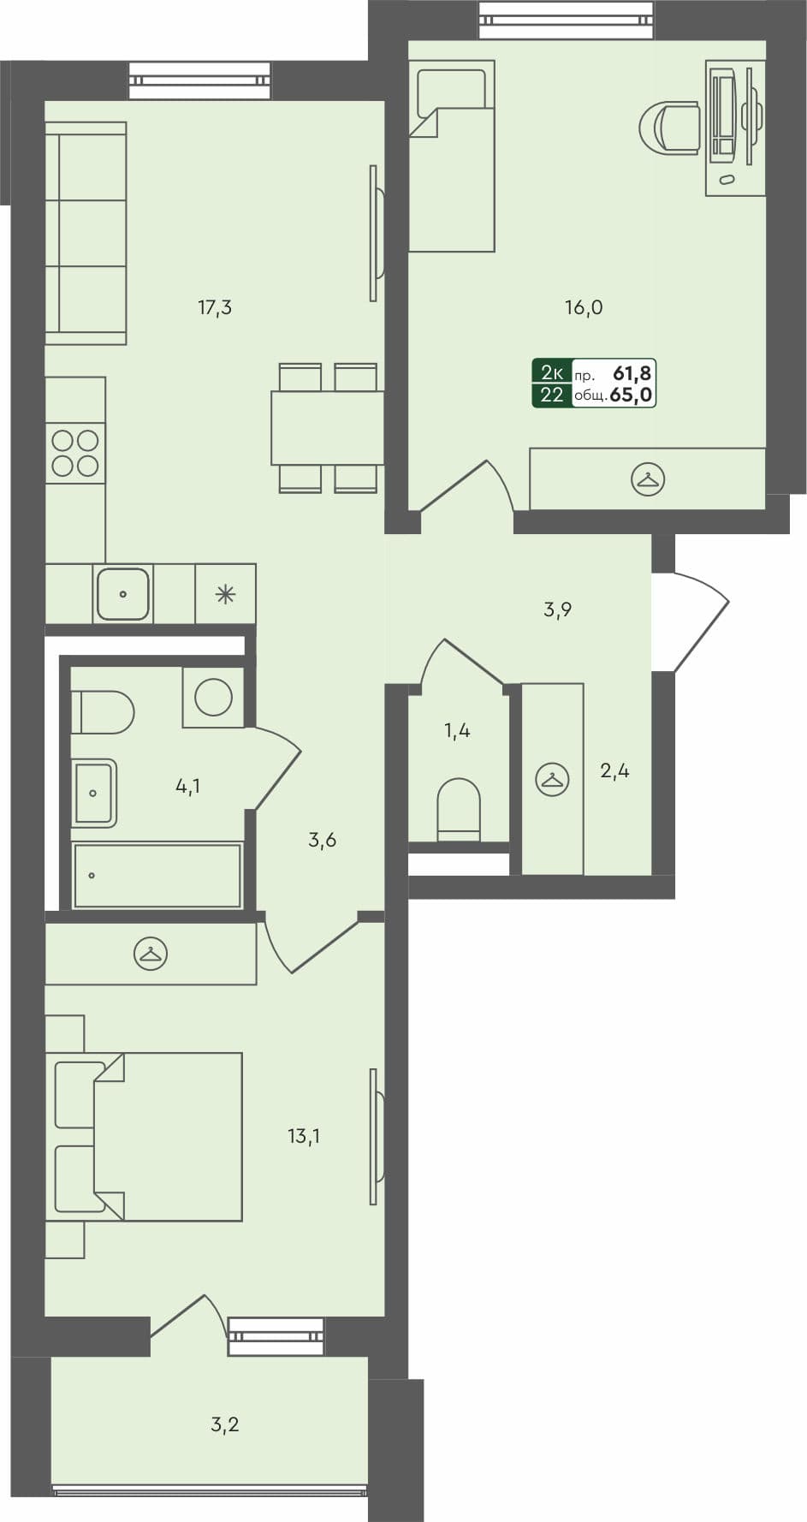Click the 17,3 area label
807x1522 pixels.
(215, 306)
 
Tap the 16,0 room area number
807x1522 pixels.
(584, 306)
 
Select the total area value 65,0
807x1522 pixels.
(632, 395)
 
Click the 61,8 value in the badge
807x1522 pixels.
(632, 372)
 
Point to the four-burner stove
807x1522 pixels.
(75, 453)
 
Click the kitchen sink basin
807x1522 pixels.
(123, 593)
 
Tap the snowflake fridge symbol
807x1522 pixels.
(225, 594)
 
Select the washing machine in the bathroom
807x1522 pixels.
(213, 698)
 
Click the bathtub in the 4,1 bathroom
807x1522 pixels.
(157, 876)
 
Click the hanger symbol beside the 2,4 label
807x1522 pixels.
(552, 780)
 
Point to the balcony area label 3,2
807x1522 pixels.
(224, 1424)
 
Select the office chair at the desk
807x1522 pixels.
(672, 128)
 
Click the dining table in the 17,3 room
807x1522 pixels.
(327, 427)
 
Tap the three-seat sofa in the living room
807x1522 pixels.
(86, 233)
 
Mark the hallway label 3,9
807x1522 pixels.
(557, 609)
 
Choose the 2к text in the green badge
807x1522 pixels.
(552, 372)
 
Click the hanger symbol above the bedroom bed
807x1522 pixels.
(151, 954)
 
